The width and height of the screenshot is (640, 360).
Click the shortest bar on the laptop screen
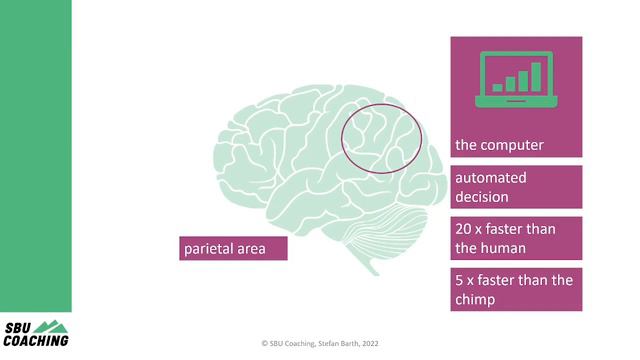pyautogui.click(x=497, y=88)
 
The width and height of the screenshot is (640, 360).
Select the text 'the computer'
pyautogui.click(x=499, y=145)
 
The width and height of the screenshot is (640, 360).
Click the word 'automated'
pyautogui.click(x=491, y=178)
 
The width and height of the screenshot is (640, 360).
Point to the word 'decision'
pyautogui.click(x=482, y=197)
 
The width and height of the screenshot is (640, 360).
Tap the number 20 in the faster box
pyautogui.click(x=463, y=229)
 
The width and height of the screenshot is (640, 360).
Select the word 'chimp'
pyautogui.click(x=476, y=298)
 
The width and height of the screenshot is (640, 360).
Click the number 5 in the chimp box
pyautogui.click(x=459, y=280)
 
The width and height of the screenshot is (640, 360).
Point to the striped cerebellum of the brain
pyautogui.click(x=395, y=219)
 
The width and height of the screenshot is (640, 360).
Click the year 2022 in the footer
pyautogui.click(x=369, y=341)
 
